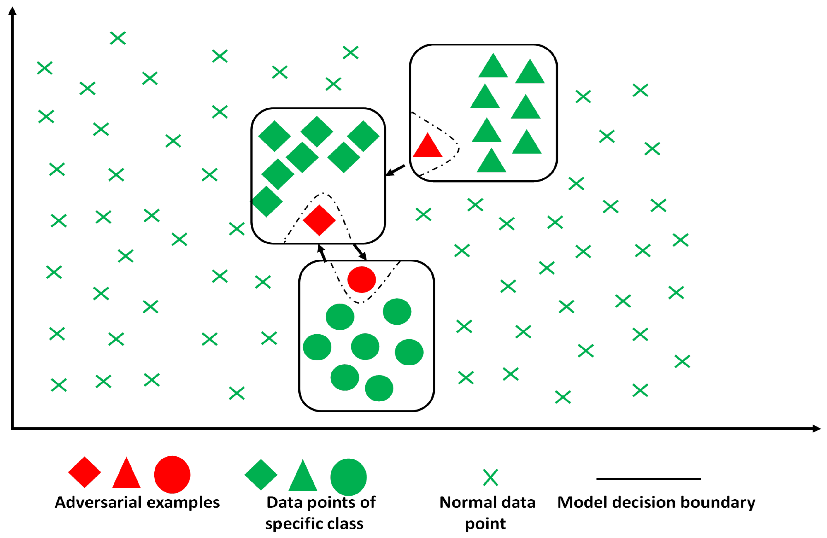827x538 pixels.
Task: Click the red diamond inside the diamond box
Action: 319,220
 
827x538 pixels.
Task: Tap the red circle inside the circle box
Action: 361,280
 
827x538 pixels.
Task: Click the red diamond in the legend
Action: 85,472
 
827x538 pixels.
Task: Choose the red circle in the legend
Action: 172,474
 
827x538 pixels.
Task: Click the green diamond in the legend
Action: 261,475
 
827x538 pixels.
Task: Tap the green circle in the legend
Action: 348,477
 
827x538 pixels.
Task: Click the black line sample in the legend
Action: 648,479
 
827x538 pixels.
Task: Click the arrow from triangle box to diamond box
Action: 396,170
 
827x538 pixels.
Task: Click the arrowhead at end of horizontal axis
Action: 817,429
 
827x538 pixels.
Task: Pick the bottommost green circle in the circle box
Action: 379,388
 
